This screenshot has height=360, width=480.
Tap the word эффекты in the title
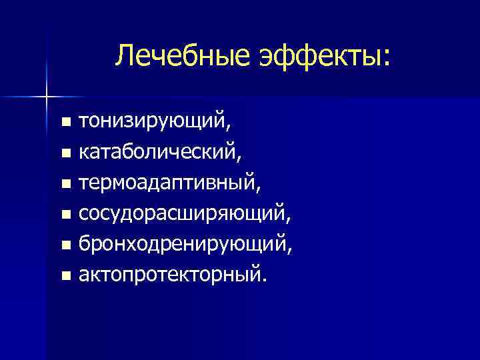315,55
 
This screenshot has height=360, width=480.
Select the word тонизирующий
155,122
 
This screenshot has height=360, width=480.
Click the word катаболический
159,153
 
